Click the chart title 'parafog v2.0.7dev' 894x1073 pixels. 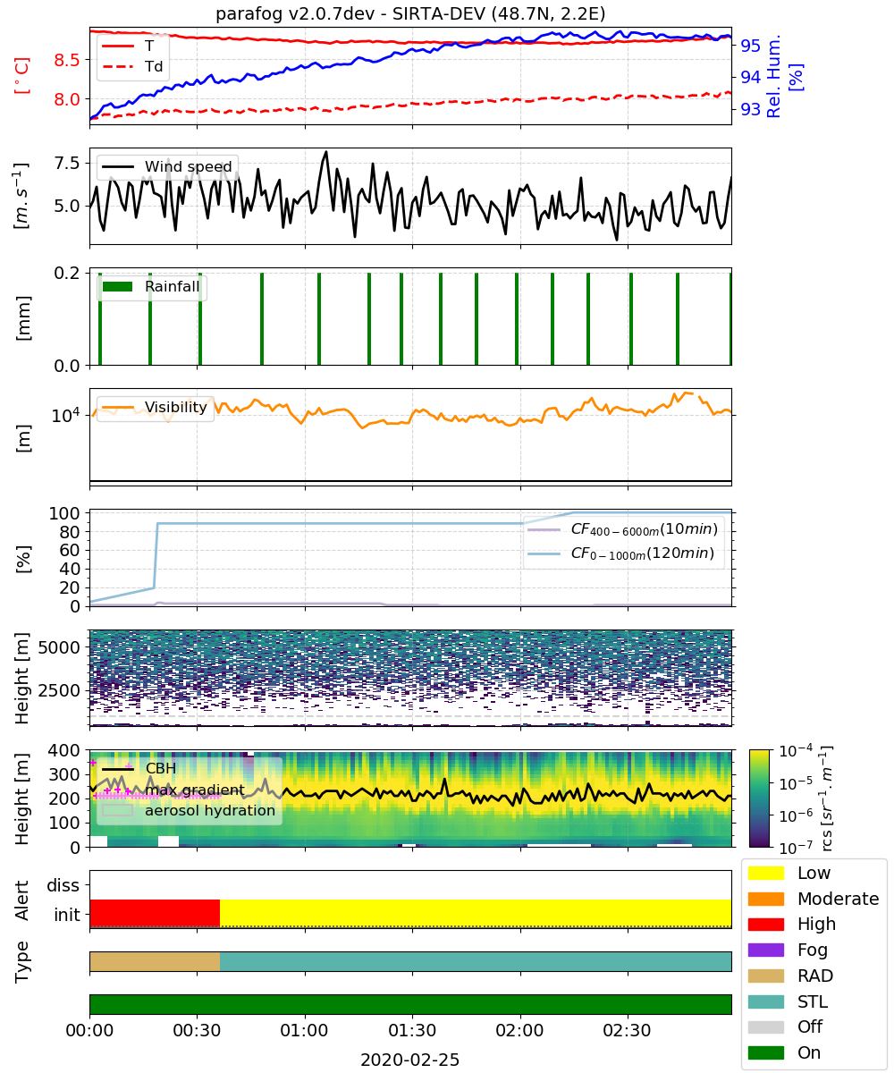(x=295, y=13)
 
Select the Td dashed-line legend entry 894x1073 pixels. (x=132, y=66)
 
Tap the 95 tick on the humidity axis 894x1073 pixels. (x=750, y=46)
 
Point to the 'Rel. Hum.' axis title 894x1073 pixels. (x=773, y=76)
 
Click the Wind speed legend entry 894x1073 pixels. (x=166, y=166)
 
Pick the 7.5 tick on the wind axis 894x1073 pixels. (x=67, y=164)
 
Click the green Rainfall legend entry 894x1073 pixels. (x=150, y=286)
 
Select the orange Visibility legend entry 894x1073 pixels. (x=154, y=407)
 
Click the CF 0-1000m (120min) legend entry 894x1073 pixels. (x=620, y=553)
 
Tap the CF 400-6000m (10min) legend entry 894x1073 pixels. (x=622, y=529)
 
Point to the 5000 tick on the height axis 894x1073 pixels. (x=59, y=647)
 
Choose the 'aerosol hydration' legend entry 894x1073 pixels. (x=189, y=810)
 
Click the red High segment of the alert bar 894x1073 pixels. (x=155, y=913)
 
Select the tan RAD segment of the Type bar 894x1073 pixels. (x=155, y=961)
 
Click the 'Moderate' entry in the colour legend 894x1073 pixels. (x=814, y=899)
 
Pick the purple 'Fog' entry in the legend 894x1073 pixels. (x=788, y=950)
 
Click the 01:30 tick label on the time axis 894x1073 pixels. (x=412, y=1030)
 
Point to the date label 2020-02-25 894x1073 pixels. (x=409, y=1060)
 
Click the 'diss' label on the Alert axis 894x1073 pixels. (x=63, y=885)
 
